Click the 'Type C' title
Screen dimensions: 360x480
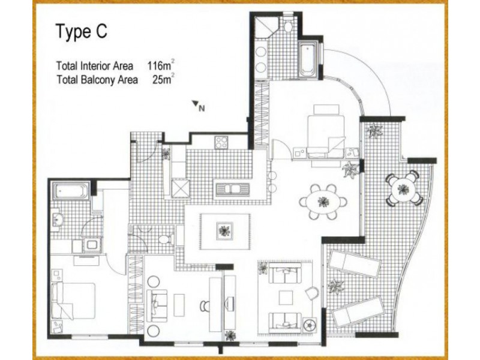(82, 32)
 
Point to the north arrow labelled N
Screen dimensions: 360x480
(197, 106)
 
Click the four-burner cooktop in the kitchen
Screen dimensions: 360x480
(221, 142)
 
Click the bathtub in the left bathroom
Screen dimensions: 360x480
(71, 192)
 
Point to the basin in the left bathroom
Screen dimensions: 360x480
(57, 220)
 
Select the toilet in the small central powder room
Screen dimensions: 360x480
(169, 238)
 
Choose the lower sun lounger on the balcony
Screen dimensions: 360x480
(357, 311)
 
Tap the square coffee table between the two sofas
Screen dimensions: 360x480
(284, 298)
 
